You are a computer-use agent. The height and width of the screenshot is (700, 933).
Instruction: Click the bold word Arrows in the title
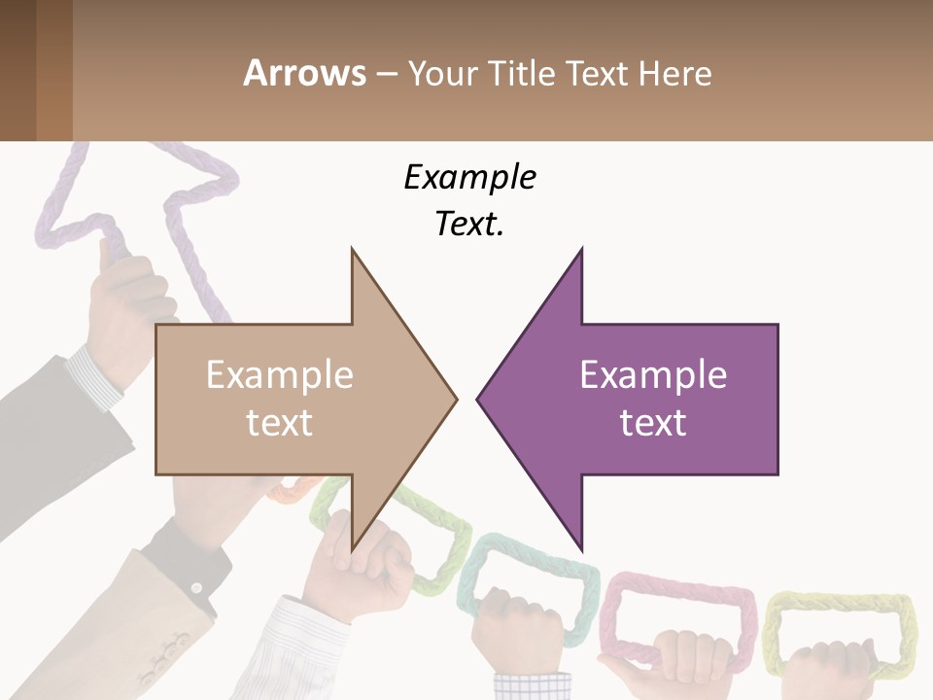pos(304,73)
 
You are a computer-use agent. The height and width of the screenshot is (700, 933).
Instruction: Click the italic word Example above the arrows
pos(470,178)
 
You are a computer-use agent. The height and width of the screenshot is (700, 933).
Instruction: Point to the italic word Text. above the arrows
pos(470,225)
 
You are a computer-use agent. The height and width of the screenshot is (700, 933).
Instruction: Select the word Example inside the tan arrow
pos(280,375)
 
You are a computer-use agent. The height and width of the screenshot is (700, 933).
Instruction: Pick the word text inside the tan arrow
pos(280,423)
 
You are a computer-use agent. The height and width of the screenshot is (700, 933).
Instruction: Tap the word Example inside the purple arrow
pos(653,375)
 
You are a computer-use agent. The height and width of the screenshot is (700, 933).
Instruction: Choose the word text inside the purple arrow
pos(653,423)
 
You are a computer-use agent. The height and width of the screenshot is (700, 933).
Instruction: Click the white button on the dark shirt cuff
pos(195,587)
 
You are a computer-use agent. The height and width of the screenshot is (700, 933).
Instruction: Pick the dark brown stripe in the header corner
pos(17,70)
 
